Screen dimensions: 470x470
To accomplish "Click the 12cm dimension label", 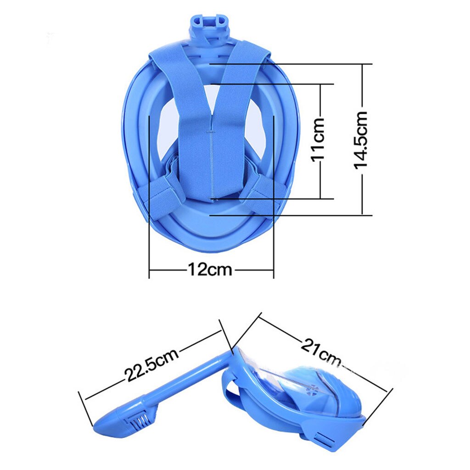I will point(210,269).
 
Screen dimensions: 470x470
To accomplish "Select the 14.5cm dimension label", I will point(361,140).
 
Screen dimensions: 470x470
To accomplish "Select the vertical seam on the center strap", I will point(211,156).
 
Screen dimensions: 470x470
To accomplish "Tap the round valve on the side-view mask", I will point(313,389).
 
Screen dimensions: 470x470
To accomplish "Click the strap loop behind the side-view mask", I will point(232,392).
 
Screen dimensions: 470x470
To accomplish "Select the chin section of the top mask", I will point(210,229).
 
